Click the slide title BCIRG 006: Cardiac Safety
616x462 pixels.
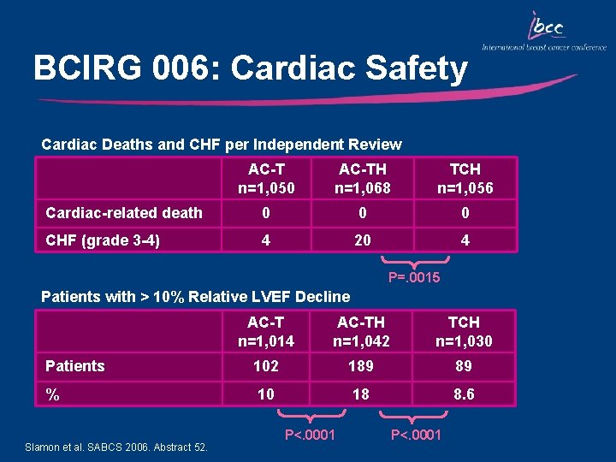point(250,68)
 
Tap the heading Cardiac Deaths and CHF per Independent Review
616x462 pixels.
point(222,145)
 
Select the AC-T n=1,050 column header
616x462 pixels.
point(266,179)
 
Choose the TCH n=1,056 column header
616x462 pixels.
point(465,179)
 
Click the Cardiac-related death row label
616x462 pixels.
point(124,213)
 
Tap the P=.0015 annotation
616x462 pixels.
point(414,277)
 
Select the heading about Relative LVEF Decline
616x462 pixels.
point(196,297)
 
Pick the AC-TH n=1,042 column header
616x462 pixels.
point(361,331)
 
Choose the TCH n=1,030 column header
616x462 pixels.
point(465,331)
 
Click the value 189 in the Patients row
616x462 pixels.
point(361,366)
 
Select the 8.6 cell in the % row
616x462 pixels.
point(465,394)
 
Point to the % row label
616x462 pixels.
point(52,394)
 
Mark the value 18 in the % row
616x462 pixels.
point(361,394)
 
